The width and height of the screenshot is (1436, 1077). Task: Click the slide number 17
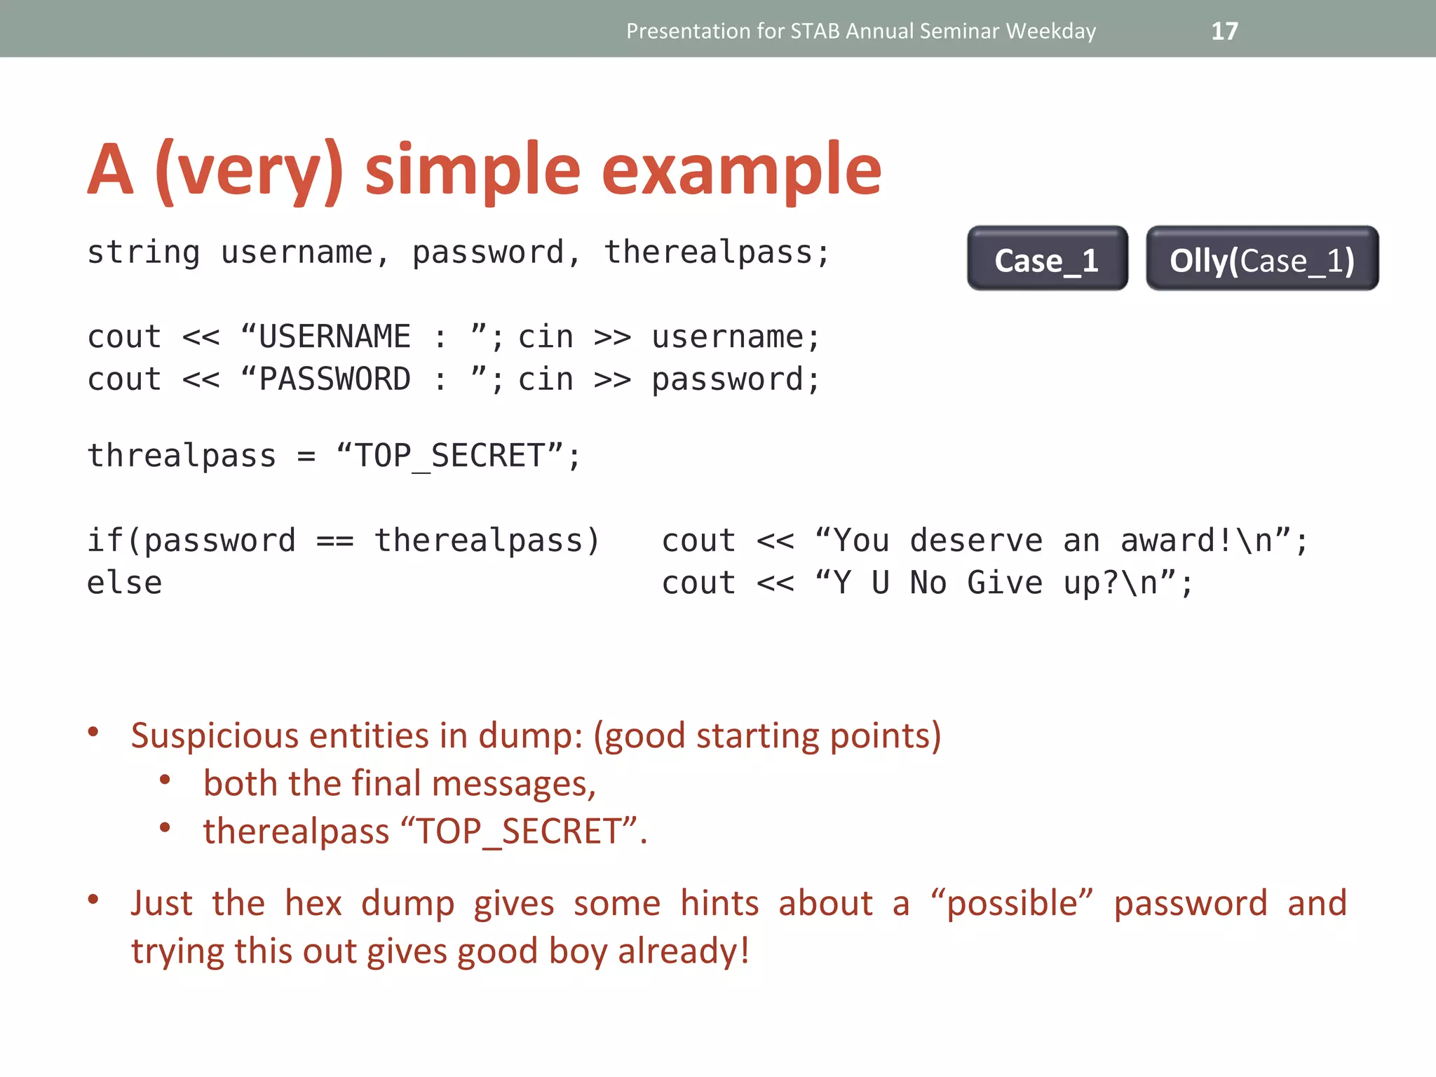[x=1224, y=31]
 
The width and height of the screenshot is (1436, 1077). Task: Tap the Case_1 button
[x=1047, y=259]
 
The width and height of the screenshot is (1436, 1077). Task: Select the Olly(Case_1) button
[x=1261, y=259]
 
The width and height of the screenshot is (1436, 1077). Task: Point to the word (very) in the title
[x=249, y=170]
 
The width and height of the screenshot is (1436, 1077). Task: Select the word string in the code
[x=144, y=252]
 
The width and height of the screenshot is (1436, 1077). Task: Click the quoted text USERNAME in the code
[x=334, y=337]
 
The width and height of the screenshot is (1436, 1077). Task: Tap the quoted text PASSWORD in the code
[x=334, y=380]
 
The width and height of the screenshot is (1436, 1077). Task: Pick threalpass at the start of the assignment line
[x=182, y=456]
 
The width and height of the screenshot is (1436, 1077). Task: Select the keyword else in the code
[x=124, y=583]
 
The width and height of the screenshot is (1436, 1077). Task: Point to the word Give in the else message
[x=1005, y=583]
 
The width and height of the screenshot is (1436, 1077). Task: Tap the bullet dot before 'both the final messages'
[x=165, y=780]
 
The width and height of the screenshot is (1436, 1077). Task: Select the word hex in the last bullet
[x=313, y=904]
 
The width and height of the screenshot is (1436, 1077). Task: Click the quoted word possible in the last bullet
[x=1012, y=904]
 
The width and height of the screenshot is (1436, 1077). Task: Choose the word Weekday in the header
[x=1050, y=31]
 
